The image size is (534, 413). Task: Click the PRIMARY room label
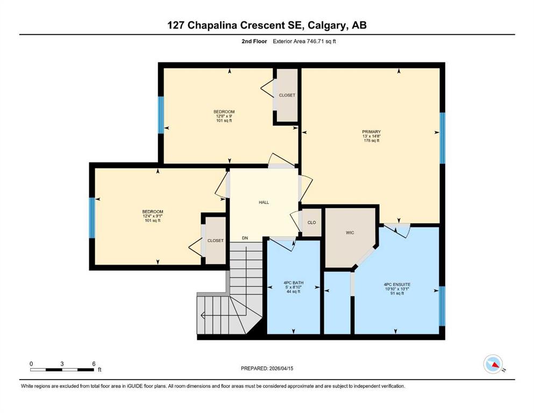pyautogui.click(x=371, y=132)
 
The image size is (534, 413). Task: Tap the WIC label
pyautogui.click(x=350, y=233)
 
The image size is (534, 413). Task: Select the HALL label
pyautogui.click(x=264, y=202)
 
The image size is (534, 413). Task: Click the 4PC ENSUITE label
pyautogui.click(x=397, y=284)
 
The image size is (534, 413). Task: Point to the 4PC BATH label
pyautogui.click(x=293, y=283)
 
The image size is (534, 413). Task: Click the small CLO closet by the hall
pyautogui.click(x=311, y=222)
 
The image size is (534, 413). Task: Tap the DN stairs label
pyautogui.click(x=245, y=238)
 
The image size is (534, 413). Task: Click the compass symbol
pyautogui.click(x=493, y=364)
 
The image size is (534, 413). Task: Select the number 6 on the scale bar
pyautogui.click(x=94, y=364)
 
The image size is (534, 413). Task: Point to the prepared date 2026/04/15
pyautogui.click(x=281, y=368)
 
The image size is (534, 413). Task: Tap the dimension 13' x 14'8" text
pyautogui.click(x=371, y=136)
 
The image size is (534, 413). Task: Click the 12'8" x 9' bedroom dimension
pyautogui.click(x=224, y=116)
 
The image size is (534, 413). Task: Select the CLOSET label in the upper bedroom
pyautogui.click(x=287, y=95)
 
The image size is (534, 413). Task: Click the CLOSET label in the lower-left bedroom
pyautogui.click(x=216, y=240)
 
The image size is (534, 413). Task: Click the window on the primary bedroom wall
pyautogui.click(x=443, y=138)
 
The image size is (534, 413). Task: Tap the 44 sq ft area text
pyautogui.click(x=293, y=291)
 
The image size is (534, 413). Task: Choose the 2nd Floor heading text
pyautogui.click(x=254, y=41)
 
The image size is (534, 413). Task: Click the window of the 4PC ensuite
pyautogui.click(x=443, y=306)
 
